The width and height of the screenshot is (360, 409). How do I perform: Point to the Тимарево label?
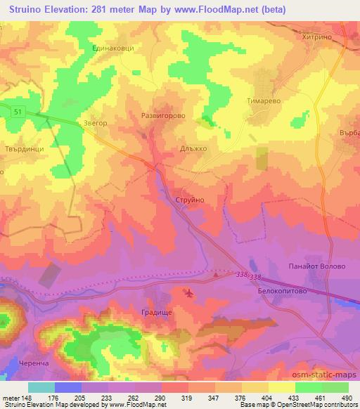point(264,100)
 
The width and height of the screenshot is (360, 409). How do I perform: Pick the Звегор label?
point(95,122)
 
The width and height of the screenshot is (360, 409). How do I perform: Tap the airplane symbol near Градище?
point(189,292)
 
